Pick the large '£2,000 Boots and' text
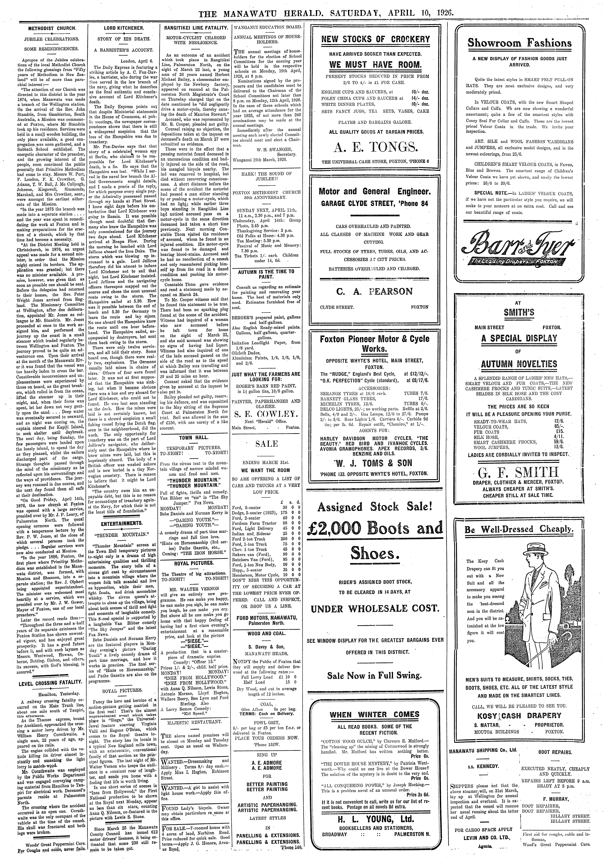[x=375, y=529]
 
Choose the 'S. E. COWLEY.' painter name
[x=266, y=415]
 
